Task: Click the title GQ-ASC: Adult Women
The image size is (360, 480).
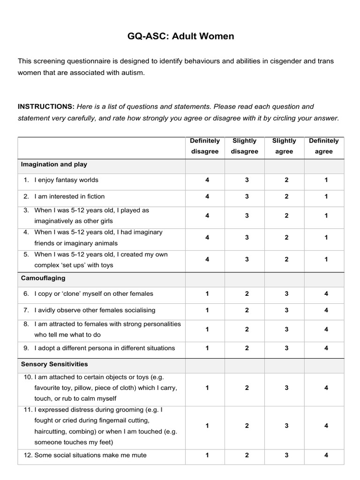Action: pyautogui.click(x=180, y=36)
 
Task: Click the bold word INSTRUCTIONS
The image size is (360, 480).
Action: pyautogui.click(x=46, y=106)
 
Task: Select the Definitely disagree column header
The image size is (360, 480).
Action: pyautogui.click(x=205, y=146)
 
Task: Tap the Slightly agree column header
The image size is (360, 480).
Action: pyautogui.click(x=284, y=146)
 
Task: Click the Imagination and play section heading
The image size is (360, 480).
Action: pyautogui.click(x=54, y=165)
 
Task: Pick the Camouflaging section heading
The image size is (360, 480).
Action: pyautogui.click(x=43, y=278)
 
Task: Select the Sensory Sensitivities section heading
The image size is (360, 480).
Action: pyautogui.click(x=54, y=364)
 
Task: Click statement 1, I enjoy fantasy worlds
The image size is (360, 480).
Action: pyautogui.click(x=66, y=180)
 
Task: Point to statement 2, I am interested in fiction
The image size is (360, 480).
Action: pyautogui.click(x=69, y=196)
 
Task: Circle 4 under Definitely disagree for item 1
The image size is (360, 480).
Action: pyautogui.click(x=207, y=180)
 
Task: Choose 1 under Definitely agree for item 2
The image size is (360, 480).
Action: pyautogui.click(x=326, y=196)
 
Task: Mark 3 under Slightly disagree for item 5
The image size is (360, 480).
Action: pyautogui.click(x=247, y=259)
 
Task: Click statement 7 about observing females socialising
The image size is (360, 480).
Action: pyautogui.click(x=94, y=310)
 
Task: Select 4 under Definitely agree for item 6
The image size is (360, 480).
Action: pyautogui.click(x=326, y=294)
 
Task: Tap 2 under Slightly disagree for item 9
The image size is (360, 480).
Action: pyautogui.click(x=247, y=348)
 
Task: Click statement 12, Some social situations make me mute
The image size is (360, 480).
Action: pyautogui.click(x=90, y=455)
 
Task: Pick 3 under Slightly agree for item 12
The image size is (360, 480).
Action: pyautogui.click(x=286, y=455)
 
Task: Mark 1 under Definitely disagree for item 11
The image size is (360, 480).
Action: pyautogui.click(x=207, y=426)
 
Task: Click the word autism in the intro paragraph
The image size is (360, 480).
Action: pyautogui.click(x=134, y=73)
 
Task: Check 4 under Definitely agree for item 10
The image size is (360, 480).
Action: pyautogui.click(x=326, y=388)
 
